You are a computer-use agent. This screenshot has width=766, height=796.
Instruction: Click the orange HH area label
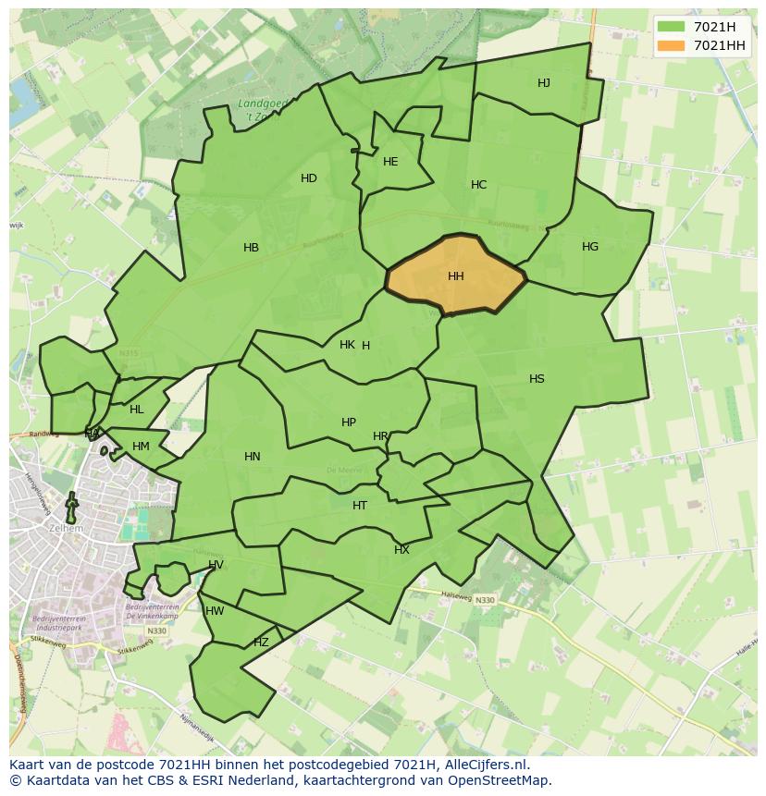[x=456, y=276]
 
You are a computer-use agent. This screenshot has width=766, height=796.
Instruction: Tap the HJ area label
[x=544, y=83]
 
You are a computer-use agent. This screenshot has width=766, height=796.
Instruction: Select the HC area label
[x=478, y=185]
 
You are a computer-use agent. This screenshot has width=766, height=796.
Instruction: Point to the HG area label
[x=590, y=247]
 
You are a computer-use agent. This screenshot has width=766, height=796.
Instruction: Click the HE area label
[x=390, y=162]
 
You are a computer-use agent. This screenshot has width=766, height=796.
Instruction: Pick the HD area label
[x=309, y=178]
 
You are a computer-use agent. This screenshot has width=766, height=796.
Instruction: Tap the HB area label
[x=251, y=248]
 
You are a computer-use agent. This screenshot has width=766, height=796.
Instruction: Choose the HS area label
[x=537, y=379]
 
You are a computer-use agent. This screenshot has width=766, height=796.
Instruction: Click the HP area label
[x=349, y=422]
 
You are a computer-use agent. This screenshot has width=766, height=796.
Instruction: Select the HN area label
[x=253, y=457]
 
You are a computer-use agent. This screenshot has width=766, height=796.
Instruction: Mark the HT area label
[x=360, y=506]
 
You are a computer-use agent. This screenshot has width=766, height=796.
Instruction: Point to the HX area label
[x=402, y=550]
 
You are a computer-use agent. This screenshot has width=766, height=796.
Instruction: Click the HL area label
[x=137, y=410]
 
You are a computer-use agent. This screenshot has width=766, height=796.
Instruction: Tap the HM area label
[x=141, y=447]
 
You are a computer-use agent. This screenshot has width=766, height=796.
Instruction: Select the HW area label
[x=215, y=611]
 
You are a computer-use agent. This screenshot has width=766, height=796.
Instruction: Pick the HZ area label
[x=261, y=643]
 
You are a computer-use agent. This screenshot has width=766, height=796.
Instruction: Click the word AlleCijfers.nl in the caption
[x=484, y=765]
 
